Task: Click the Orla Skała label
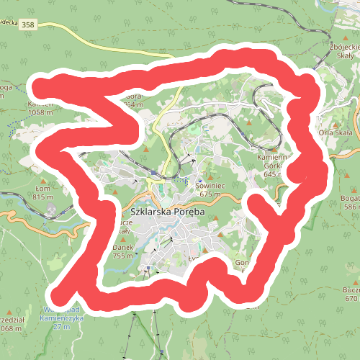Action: [335, 133]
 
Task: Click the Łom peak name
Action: [43, 189]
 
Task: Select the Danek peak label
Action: [124, 247]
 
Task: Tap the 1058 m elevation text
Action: [40, 112]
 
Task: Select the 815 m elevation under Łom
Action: [43, 197]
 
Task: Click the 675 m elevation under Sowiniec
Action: [209, 194]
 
